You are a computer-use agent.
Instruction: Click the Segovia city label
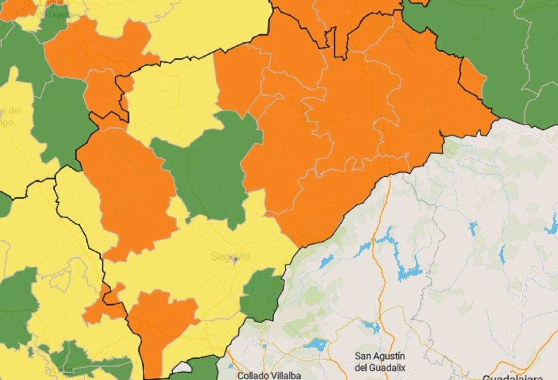coord(230,256)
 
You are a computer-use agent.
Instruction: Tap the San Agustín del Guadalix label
coord(380,361)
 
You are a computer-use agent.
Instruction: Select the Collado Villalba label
coord(269,375)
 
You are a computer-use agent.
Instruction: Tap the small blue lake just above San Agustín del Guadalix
coord(371,327)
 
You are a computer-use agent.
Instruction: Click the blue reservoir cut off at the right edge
coord(552,225)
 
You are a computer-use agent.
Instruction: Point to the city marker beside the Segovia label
coord(236,261)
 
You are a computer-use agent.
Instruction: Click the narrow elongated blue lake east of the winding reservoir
coord(502,254)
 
